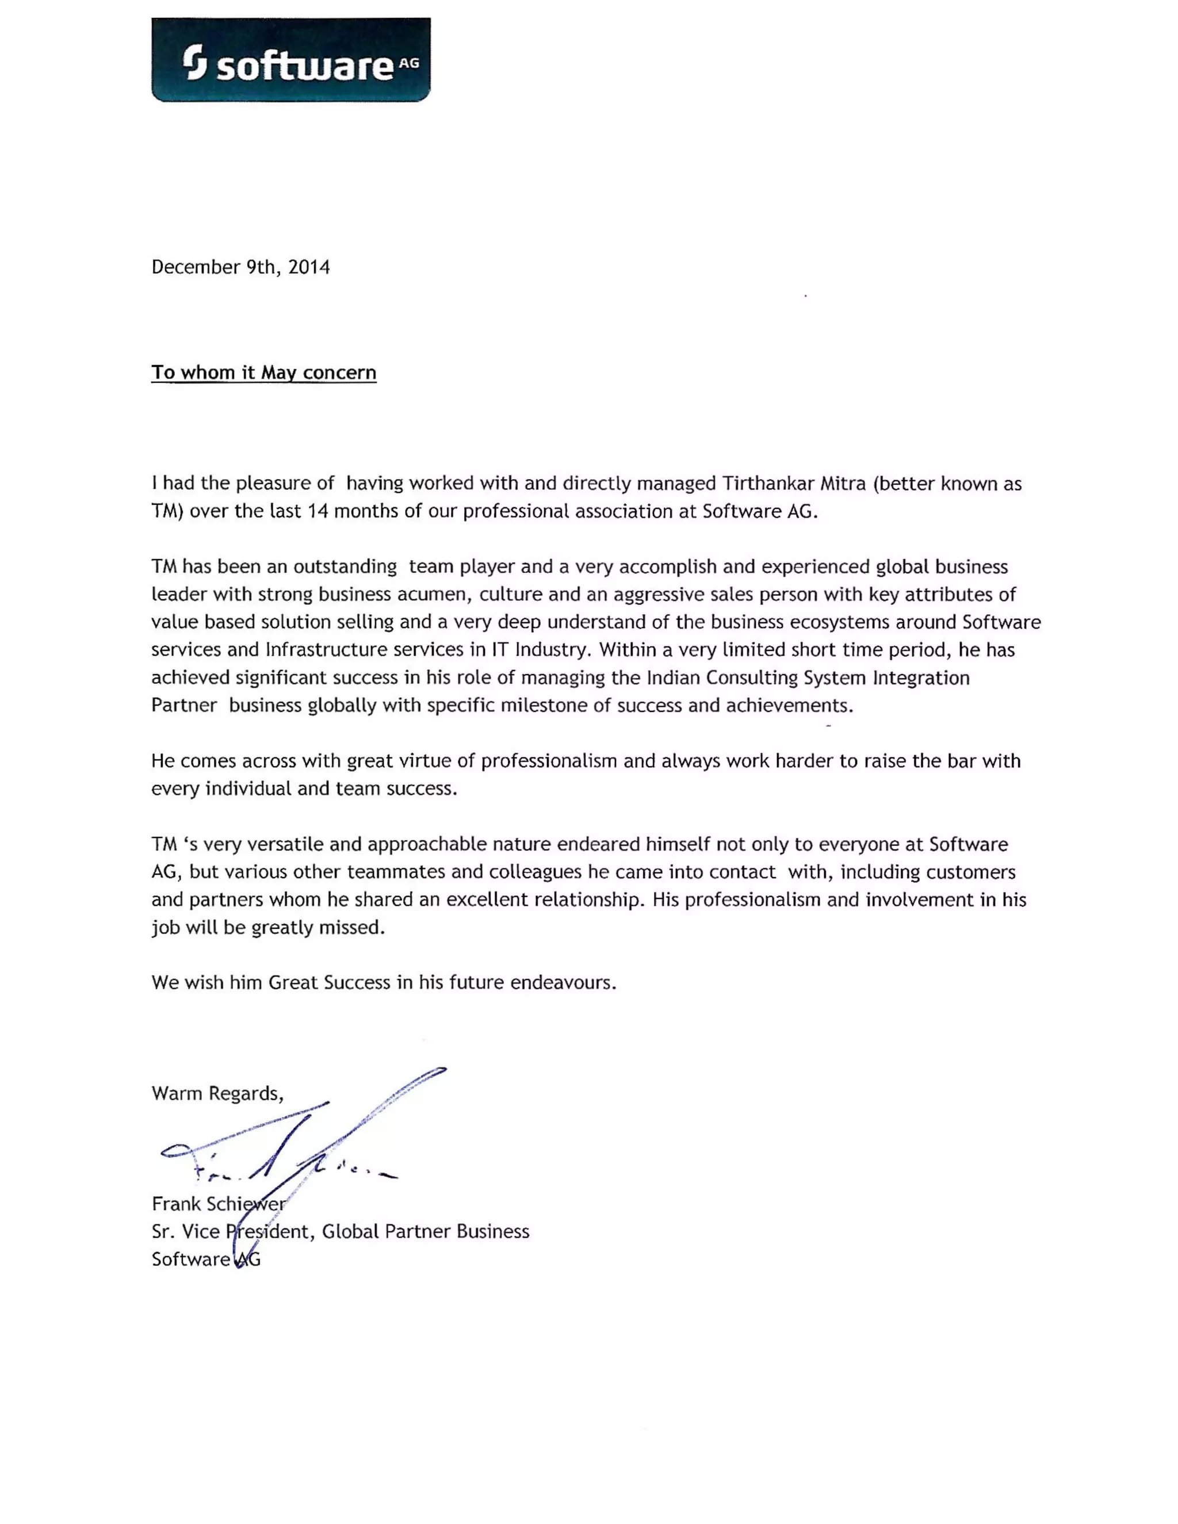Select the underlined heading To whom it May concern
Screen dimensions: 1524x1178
pos(264,373)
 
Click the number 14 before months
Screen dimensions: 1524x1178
pos(318,511)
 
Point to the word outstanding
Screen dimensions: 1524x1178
pos(345,566)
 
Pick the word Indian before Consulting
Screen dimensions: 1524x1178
pos(674,677)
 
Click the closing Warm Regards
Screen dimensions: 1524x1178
pos(217,1093)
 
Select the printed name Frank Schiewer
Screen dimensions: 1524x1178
pos(218,1204)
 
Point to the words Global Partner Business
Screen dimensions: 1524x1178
pos(425,1232)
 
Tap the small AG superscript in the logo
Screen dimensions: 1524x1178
pos(410,63)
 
